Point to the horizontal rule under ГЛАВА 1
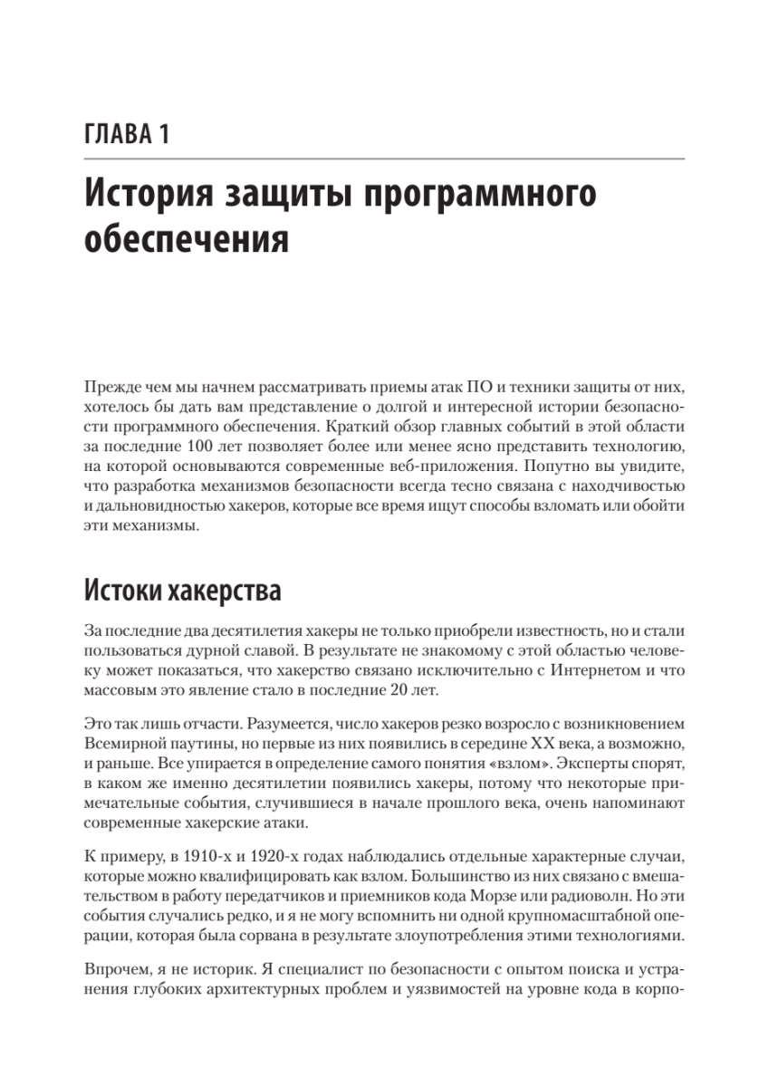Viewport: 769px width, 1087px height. [384, 159]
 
